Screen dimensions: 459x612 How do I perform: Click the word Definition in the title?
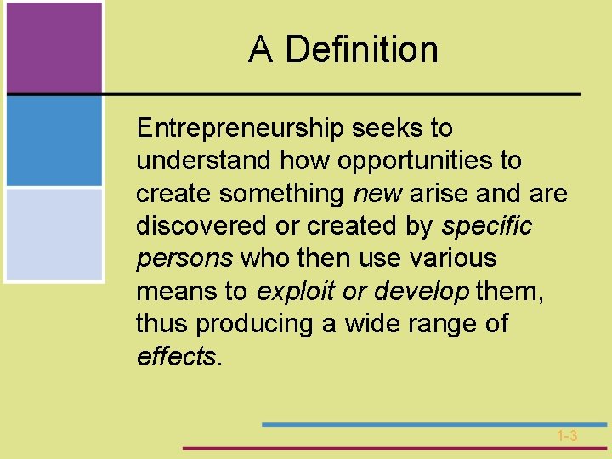(362, 49)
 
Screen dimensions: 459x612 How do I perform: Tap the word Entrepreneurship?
(239, 129)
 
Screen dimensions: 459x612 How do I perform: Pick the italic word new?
(377, 194)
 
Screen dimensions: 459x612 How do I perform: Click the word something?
(280, 194)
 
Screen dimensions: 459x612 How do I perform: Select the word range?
(440, 325)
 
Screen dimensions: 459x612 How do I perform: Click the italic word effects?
(176, 356)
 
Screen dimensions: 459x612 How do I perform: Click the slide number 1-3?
(567, 436)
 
